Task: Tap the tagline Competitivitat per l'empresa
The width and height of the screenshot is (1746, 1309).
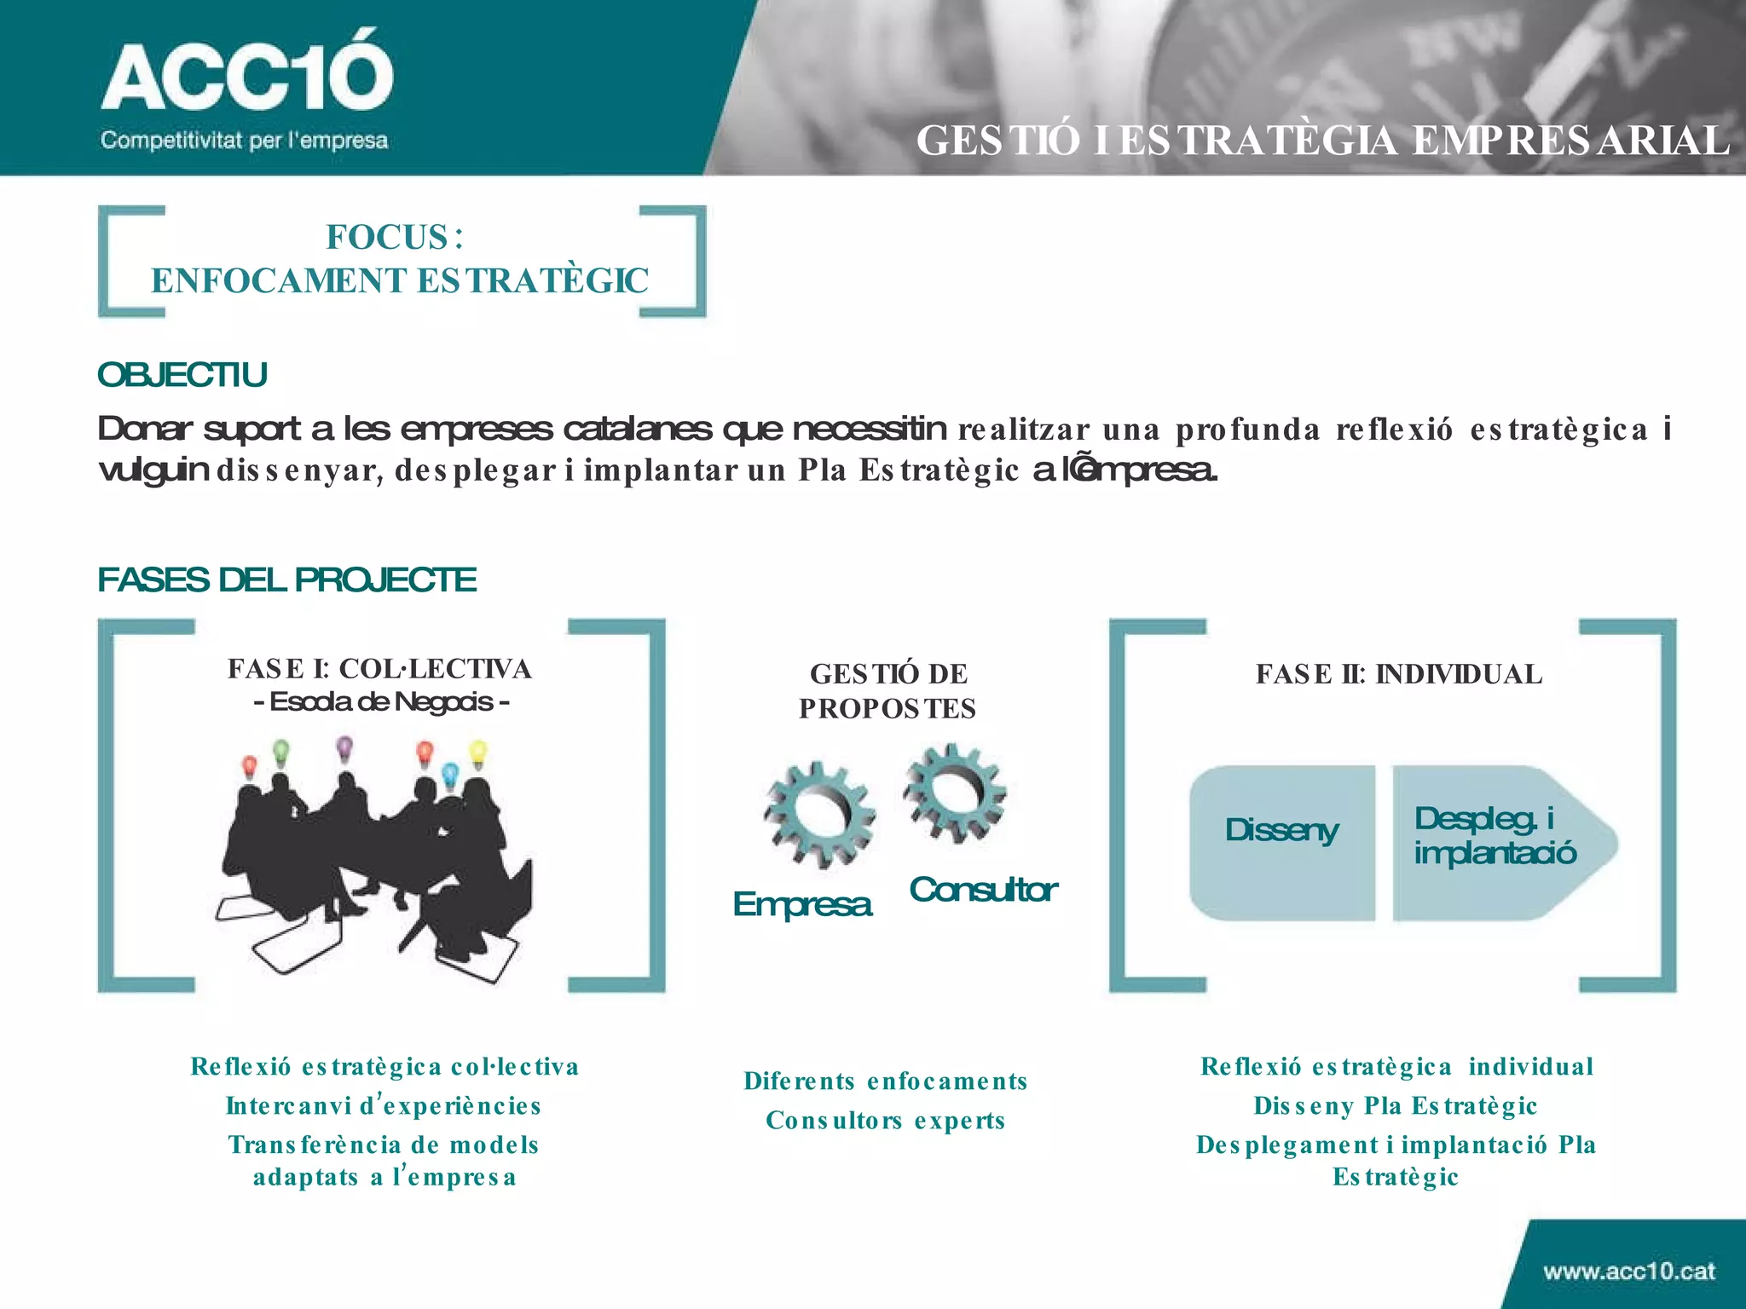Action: pyautogui.click(x=244, y=141)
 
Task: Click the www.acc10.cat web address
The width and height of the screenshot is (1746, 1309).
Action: pyautogui.click(x=1628, y=1272)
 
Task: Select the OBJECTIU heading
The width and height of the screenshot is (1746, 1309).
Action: pyautogui.click(x=182, y=375)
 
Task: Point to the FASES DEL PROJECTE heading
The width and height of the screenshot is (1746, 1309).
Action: pyautogui.click(x=286, y=580)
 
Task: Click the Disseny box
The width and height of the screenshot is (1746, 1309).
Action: pyautogui.click(x=1281, y=841)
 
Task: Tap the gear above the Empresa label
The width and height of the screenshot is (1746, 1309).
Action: pyautogui.click(x=819, y=814)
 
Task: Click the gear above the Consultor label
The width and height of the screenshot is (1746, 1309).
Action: pyautogui.click(x=955, y=792)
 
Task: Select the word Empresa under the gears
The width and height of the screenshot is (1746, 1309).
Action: pyautogui.click(x=802, y=904)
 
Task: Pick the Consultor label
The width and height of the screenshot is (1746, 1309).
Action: pyautogui.click(x=983, y=890)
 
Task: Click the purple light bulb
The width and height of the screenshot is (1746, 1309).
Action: pyautogui.click(x=344, y=748)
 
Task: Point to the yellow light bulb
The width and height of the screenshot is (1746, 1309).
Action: pyautogui.click(x=478, y=753)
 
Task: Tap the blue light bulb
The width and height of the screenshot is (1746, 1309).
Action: pyautogui.click(x=450, y=774)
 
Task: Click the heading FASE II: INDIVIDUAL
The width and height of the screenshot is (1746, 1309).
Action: pyautogui.click(x=1399, y=674)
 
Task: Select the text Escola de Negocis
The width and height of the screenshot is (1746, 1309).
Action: pyautogui.click(x=381, y=702)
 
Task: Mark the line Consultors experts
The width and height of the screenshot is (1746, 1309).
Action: pyautogui.click(x=886, y=1121)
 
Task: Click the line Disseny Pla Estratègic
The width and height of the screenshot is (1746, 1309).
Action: pyautogui.click(x=1396, y=1106)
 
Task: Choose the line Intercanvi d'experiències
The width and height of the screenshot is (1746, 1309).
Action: pyautogui.click(x=384, y=1106)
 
